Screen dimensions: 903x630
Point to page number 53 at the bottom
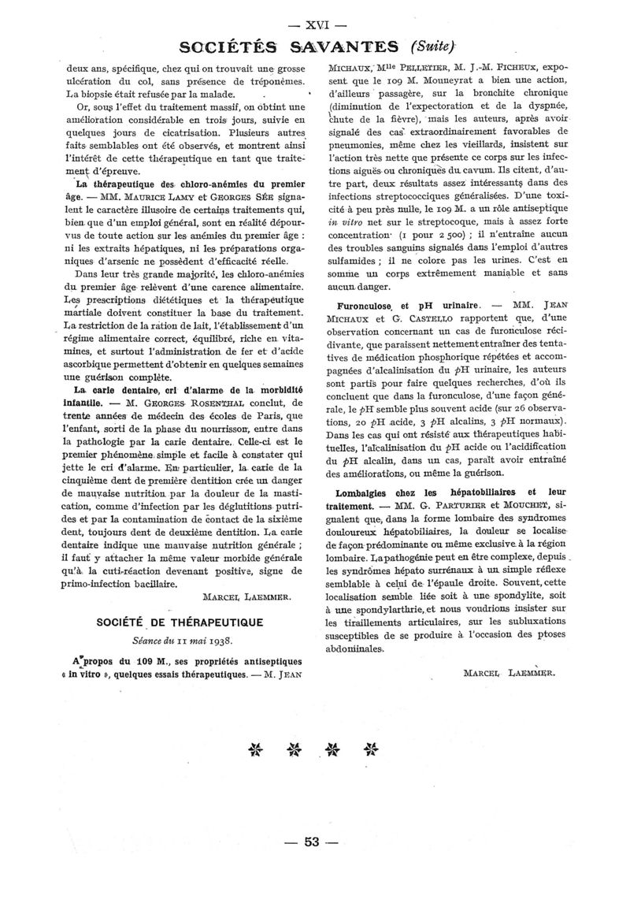(313, 842)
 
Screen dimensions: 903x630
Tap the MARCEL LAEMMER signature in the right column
(510, 651)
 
